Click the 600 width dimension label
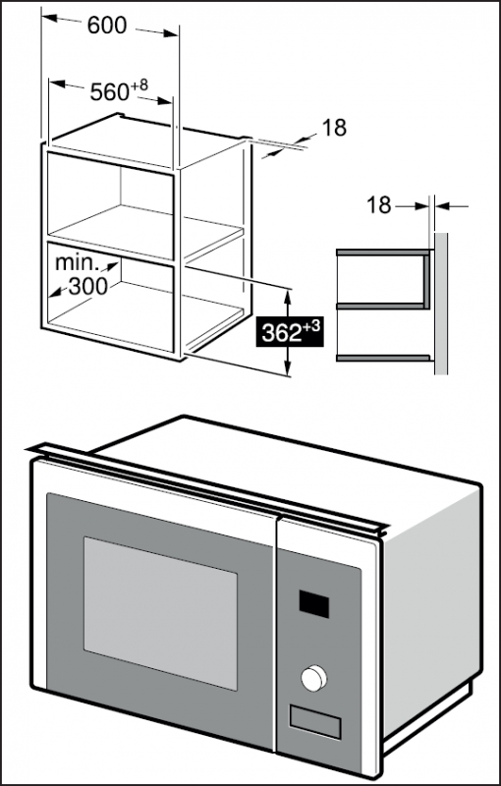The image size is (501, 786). click(107, 26)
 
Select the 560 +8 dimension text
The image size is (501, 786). click(119, 90)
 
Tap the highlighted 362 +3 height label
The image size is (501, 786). click(291, 332)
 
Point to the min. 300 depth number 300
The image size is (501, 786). click(87, 286)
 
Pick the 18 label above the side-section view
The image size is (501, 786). click(379, 205)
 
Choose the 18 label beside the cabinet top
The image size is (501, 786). click(334, 128)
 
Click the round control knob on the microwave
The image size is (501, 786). click(314, 678)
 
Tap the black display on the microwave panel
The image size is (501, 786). click(314, 603)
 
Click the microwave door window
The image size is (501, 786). click(160, 613)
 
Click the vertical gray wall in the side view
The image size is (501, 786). click(441, 304)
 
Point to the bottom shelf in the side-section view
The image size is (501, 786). click(383, 358)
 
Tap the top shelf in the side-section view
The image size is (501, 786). click(383, 253)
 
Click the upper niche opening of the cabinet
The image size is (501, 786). click(110, 205)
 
